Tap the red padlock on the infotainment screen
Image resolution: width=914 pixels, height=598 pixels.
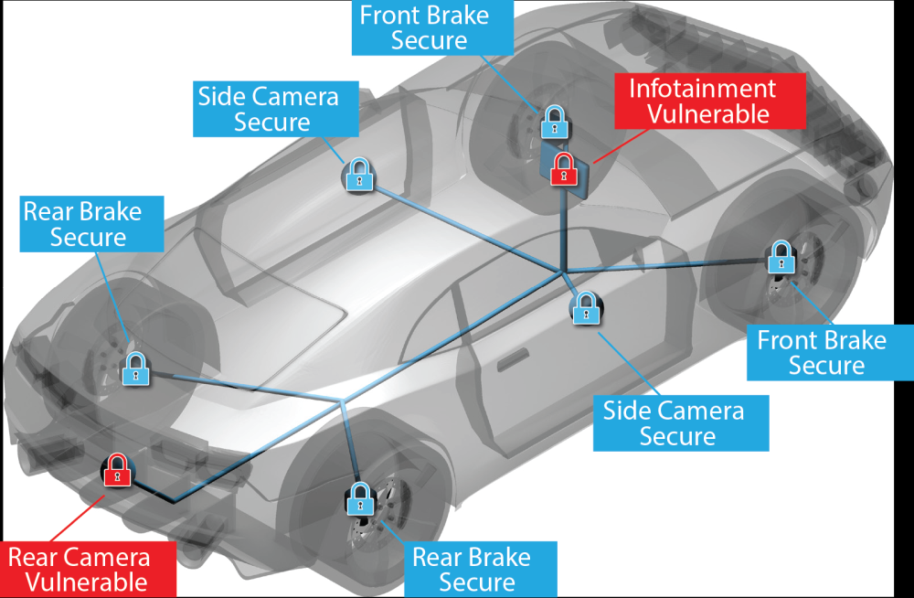[x=563, y=169]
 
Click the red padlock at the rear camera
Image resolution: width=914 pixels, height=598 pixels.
[x=116, y=470]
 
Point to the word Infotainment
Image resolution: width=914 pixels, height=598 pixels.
[x=703, y=89]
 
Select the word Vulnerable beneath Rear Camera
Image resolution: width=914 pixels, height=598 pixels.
[x=86, y=582]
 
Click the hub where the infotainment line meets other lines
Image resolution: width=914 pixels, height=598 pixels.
[x=562, y=271]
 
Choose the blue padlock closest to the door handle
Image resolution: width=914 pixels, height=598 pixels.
[x=584, y=307]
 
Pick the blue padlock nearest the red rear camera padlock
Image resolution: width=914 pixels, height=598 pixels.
[x=135, y=368]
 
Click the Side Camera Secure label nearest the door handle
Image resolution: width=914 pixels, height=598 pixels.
[x=680, y=423]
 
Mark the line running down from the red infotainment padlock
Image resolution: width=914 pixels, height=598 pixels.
[x=563, y=229]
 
